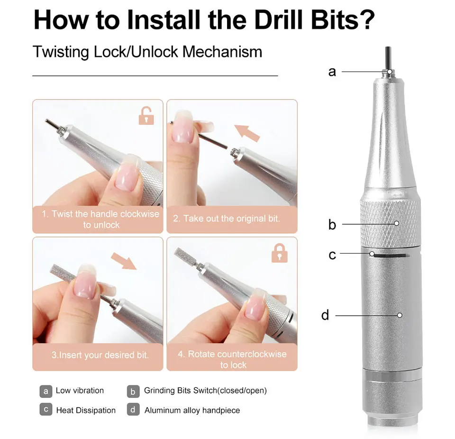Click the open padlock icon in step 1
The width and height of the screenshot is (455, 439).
[x=146, y=116]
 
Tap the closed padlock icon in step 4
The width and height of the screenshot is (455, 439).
[x=280, y=253]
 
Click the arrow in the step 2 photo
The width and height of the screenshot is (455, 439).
[x=246, y=133]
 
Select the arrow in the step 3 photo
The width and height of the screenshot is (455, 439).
[x=124, y=261]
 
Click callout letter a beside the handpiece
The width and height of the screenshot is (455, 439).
[x=332, y=72]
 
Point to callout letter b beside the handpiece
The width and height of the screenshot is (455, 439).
[x=332, y=224]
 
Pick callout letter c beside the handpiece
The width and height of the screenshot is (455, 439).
[x=332, y=255]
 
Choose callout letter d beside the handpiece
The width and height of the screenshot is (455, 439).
[x=325, y=315]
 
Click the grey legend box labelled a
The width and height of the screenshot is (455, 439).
[x=46, y=391]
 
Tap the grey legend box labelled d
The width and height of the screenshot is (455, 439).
[x=133, y=410]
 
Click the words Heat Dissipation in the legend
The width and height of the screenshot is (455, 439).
[x=86, y=410]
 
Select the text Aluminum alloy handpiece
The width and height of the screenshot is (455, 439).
[x=192, y=410]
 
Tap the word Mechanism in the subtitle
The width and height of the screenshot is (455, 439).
[x=222, y=52]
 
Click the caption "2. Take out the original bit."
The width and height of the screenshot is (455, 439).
[x=227, y=219]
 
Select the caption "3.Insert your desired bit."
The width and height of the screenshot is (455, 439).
[x=100, y=355]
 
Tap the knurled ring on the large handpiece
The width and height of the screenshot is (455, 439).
[x=390, y=223]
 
